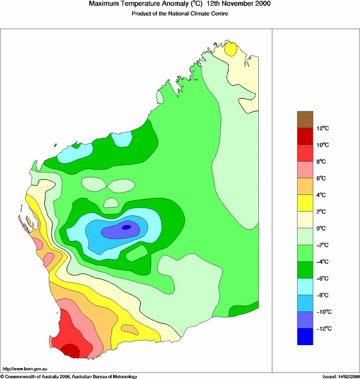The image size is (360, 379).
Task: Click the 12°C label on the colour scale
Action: pos(323,128)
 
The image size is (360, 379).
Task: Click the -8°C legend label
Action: pos(323,295)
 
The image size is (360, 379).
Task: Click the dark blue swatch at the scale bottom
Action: pos(305,336)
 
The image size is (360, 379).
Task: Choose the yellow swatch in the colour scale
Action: pos(305,203)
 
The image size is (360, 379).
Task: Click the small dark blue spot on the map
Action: pos(127,227)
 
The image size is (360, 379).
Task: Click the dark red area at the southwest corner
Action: pos(71,350)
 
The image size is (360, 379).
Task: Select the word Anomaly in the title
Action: pos(172,4)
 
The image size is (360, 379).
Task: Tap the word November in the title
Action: pos(229,4)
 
